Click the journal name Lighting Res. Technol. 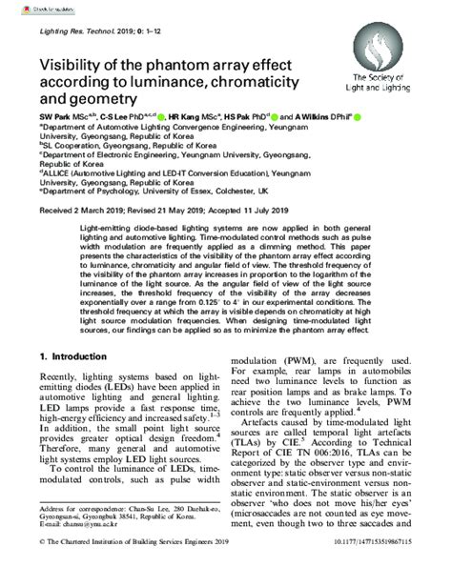(69, 32)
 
